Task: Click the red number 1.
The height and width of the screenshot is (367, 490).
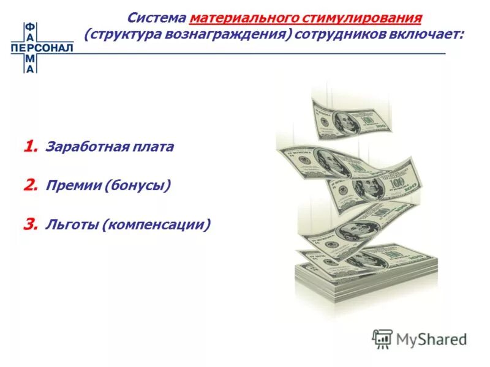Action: pos(31,147)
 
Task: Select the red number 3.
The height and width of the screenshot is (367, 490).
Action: pos(31,224)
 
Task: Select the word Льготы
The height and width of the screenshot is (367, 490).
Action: pos(71,225)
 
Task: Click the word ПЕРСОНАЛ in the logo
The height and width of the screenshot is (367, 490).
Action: pos(42,47)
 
